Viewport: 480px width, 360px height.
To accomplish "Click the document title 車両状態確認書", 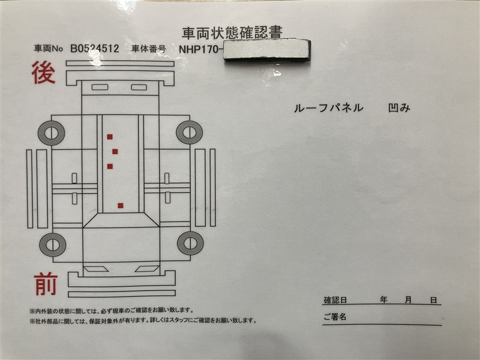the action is tap(232, 33).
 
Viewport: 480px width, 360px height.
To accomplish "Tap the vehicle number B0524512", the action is tap(95, 49).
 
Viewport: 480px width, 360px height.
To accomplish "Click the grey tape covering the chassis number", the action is tap(267, 50).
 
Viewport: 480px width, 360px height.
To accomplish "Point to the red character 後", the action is tap(43, 73).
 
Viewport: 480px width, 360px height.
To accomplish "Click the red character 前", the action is tap(46, 284).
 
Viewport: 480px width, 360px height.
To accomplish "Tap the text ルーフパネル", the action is tap(328, 108).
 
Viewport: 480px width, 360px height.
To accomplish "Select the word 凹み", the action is tap(399, 108).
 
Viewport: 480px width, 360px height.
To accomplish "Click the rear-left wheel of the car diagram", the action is tap(51, 133).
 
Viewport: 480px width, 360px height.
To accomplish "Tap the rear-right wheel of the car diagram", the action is tap(190, 132).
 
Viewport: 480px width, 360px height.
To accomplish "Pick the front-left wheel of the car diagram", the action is tap(53, 245).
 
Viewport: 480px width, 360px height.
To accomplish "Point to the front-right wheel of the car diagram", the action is tap(190, 244).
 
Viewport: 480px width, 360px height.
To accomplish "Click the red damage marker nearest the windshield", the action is tap(121, 206).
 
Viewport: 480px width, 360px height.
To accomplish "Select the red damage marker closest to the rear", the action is tap(110, 137).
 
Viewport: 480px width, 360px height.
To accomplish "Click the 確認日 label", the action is tap(335, 300).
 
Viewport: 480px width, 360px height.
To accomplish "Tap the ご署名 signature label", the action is tap(335, 317).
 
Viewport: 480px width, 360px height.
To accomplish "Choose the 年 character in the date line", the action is tap(383, 299).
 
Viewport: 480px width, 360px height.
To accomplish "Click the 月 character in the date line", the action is tap(409, 300).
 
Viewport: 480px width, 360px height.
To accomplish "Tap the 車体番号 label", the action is tap(148, 49).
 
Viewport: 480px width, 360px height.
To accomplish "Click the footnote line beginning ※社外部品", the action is tap(143, 320).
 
